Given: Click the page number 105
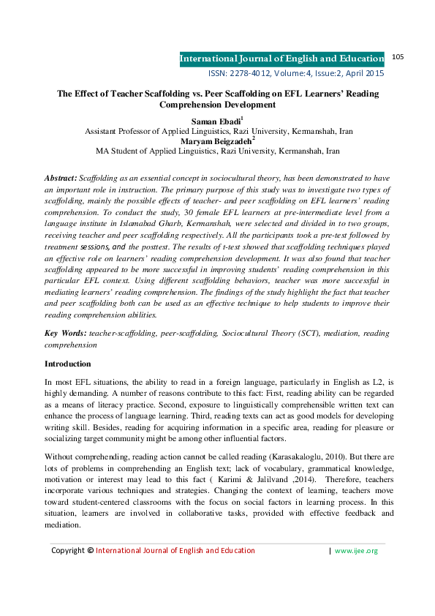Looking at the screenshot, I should pos(398,56).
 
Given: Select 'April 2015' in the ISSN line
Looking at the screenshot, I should pos(364,73).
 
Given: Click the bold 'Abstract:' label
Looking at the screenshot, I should pos(61,178).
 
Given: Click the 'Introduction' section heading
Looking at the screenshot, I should pos(68,364).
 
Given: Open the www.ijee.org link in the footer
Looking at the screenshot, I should pos(356,551).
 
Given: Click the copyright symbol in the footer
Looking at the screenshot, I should pos(90,551).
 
